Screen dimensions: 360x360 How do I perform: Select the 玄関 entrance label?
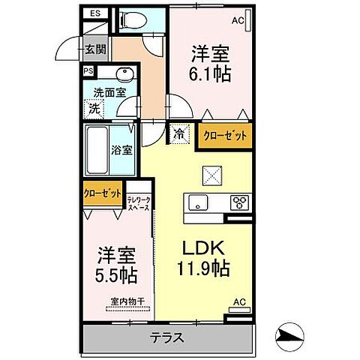(95, 50)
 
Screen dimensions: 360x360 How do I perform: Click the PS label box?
(88, 72)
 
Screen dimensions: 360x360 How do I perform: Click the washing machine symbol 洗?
(95, 107)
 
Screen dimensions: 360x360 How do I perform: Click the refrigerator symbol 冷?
(180, 135)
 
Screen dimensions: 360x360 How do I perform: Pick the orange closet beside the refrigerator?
(226, 135)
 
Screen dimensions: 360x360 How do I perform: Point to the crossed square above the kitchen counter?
(211, 176)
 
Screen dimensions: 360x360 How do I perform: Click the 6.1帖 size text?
(210, 73)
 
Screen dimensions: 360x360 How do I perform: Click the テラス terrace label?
(168, 337)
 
